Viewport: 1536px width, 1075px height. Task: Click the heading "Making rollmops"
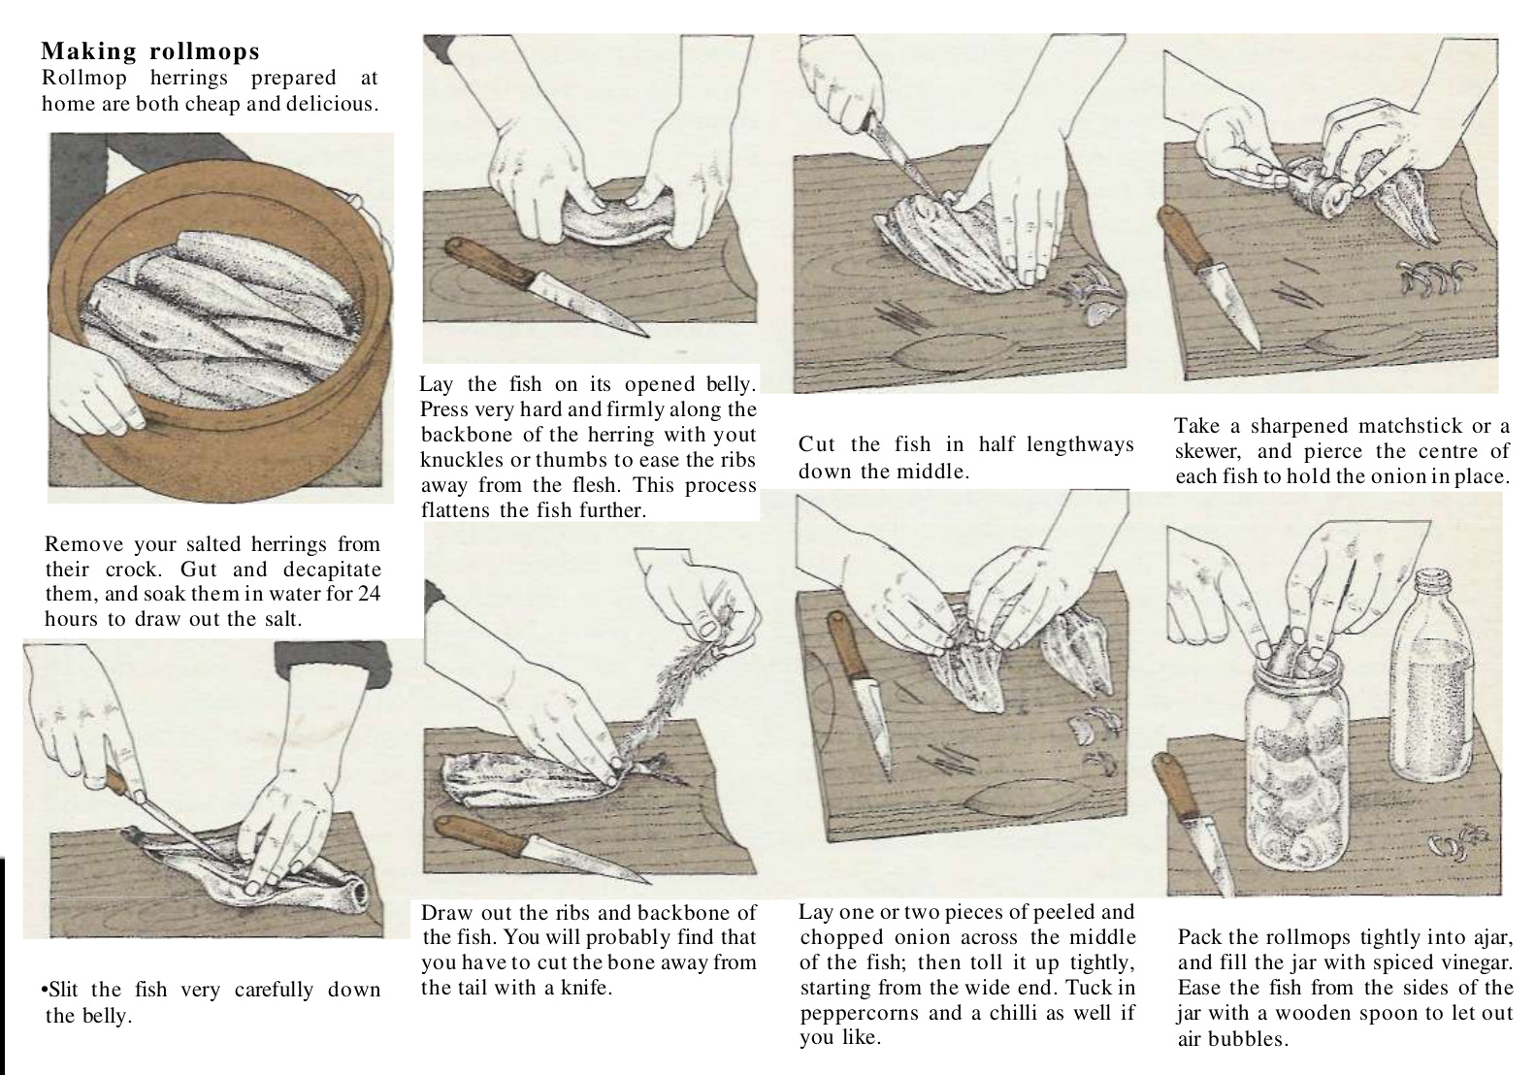coord(150,51)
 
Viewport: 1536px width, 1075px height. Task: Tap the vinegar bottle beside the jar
coord(1431,675)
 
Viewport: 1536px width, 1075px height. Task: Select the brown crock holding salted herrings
coord(219,322)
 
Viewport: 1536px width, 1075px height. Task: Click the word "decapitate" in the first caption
coord(332,570)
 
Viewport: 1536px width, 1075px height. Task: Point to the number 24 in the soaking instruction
coord(369,593)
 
